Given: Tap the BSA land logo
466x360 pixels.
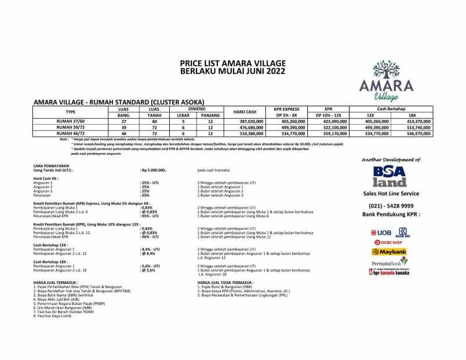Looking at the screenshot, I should (390, 176).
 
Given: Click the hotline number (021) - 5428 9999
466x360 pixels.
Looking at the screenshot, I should (391, 206).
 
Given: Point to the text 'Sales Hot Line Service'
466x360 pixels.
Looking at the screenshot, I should (391, 194).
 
